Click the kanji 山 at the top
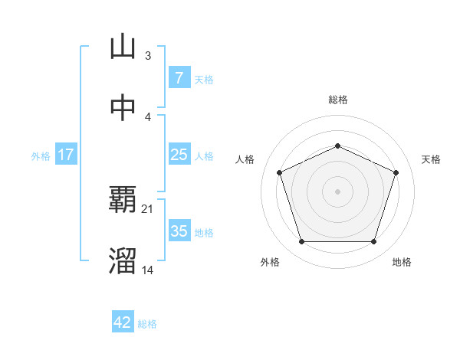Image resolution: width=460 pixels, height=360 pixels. pos(123,47)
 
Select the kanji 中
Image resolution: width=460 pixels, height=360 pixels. pos(123,108)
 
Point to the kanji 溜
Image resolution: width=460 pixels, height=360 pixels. pos(123,261)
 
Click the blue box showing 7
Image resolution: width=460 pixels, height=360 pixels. pos(179,78)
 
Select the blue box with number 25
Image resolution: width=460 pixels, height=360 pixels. pos(179,155)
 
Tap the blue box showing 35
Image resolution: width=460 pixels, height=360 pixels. pos(179,231)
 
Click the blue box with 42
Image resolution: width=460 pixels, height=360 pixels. pos(123,322)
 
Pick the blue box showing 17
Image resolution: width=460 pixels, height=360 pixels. pos(66,155)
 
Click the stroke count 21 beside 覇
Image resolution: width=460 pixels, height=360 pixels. pos(148,208)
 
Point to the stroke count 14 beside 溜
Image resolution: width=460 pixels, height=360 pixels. pos(148,270)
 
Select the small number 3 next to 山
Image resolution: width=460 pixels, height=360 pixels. pos(148,55)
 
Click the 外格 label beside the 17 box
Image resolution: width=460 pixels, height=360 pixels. pos(41,155)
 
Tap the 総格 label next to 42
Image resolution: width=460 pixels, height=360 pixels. pos(147,324)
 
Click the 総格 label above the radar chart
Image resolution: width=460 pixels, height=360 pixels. pos(338,100)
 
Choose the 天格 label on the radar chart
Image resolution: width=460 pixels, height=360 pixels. pos(431,159)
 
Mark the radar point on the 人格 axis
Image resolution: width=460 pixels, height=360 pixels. pos(279,172)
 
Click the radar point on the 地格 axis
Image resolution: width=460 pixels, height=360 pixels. pos(373,242)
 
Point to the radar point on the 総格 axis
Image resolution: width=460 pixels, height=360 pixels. pos(337,146)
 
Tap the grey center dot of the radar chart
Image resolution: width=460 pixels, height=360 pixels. pos(337,191)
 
